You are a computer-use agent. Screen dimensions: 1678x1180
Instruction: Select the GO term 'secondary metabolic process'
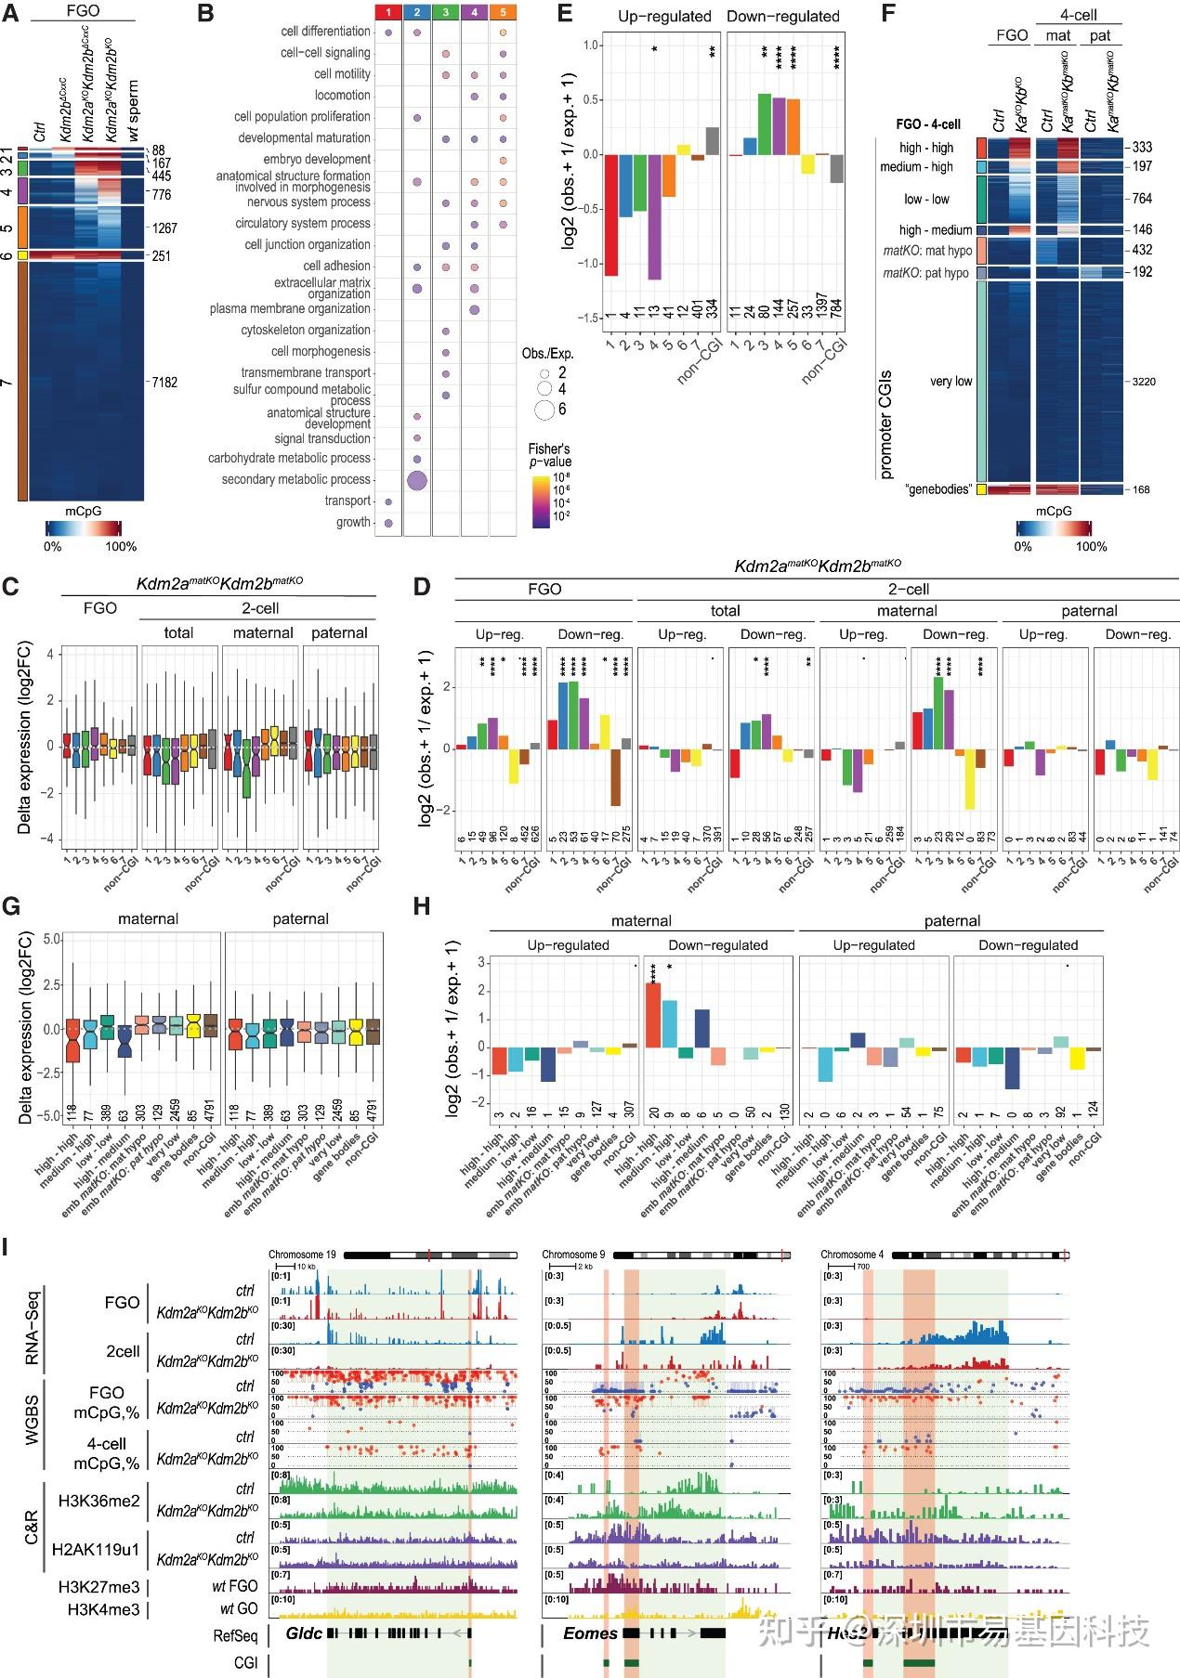(295, 479)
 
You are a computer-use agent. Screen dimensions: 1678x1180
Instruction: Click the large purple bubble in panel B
(417, 480)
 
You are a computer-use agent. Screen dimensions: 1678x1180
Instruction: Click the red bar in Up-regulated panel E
(611, 215)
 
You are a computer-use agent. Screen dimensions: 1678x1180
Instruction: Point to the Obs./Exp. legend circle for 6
(544, 410)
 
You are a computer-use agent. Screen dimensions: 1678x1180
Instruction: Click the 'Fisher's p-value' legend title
(550, 455)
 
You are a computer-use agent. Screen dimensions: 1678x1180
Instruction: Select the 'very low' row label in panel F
(951, 381)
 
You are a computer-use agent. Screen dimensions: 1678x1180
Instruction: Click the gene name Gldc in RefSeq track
(304, 1632)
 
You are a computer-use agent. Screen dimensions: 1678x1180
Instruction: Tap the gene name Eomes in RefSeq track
(590, 1632)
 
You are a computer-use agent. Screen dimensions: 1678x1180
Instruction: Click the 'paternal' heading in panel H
(951, 920)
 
